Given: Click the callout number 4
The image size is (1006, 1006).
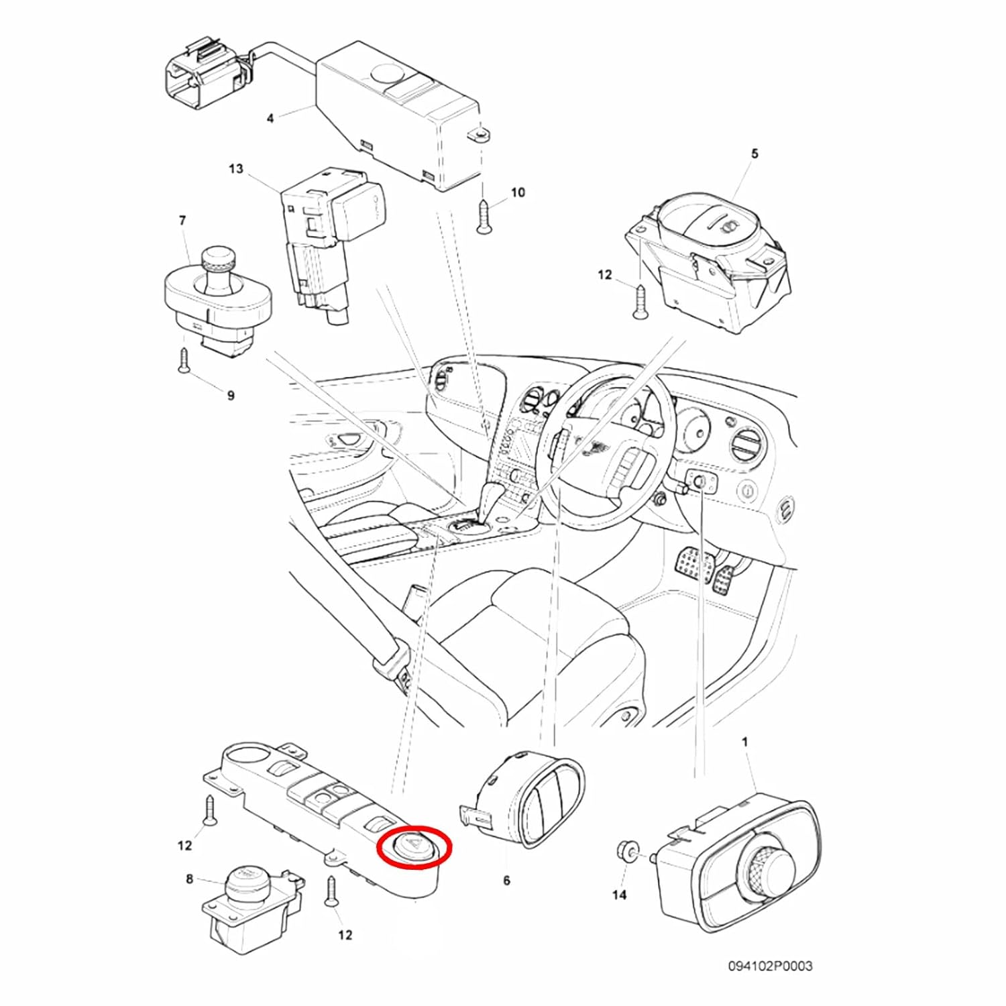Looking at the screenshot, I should click(270, 119).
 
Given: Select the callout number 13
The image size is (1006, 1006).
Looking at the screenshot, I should click(235, 168).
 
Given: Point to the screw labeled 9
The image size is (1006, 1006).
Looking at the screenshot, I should click(183, 360).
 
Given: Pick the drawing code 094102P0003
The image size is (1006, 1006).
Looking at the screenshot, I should click(770, 966).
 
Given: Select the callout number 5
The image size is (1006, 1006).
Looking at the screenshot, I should click(754, 154).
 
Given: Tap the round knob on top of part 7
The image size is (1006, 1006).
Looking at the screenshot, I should click(219, 260).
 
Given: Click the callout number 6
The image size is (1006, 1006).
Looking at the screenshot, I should click(506, 880).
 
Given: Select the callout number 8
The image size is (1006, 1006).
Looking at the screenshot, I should click(189, 879).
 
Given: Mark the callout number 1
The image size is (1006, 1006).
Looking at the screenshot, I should click(744, 742).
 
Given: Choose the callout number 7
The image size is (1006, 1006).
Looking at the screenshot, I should click(182, 220).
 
